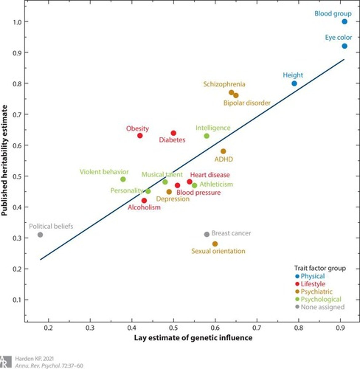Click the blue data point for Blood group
[344, 22]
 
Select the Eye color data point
[344, 46]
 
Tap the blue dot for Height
[294, 83]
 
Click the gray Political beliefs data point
[40, 235]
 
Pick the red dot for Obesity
[140, 136]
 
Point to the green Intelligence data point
[207, 136]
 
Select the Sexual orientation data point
[215, 244]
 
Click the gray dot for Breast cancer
[207, 234]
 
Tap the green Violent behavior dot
[123, 179]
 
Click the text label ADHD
[224, 159]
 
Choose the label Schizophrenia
[224, 84]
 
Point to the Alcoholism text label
[144, 207]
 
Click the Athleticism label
[216, 184]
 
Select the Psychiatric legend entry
[316, 292]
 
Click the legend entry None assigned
[322, 307]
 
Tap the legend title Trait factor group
[320, 268]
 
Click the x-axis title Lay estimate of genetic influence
[193, 338]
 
